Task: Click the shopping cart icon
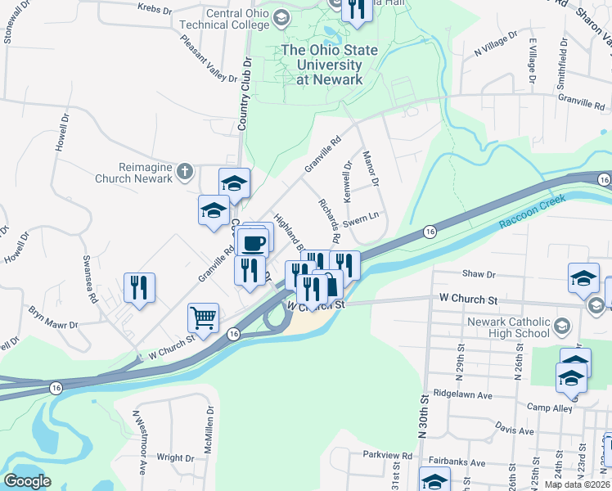(203, 316)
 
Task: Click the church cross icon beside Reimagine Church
(186, 172)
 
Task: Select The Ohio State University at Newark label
(330, 65)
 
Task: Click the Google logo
(28, 481)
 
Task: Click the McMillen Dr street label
(210, 430)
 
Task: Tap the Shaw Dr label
(479, 275)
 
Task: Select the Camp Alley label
(548, 407)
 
